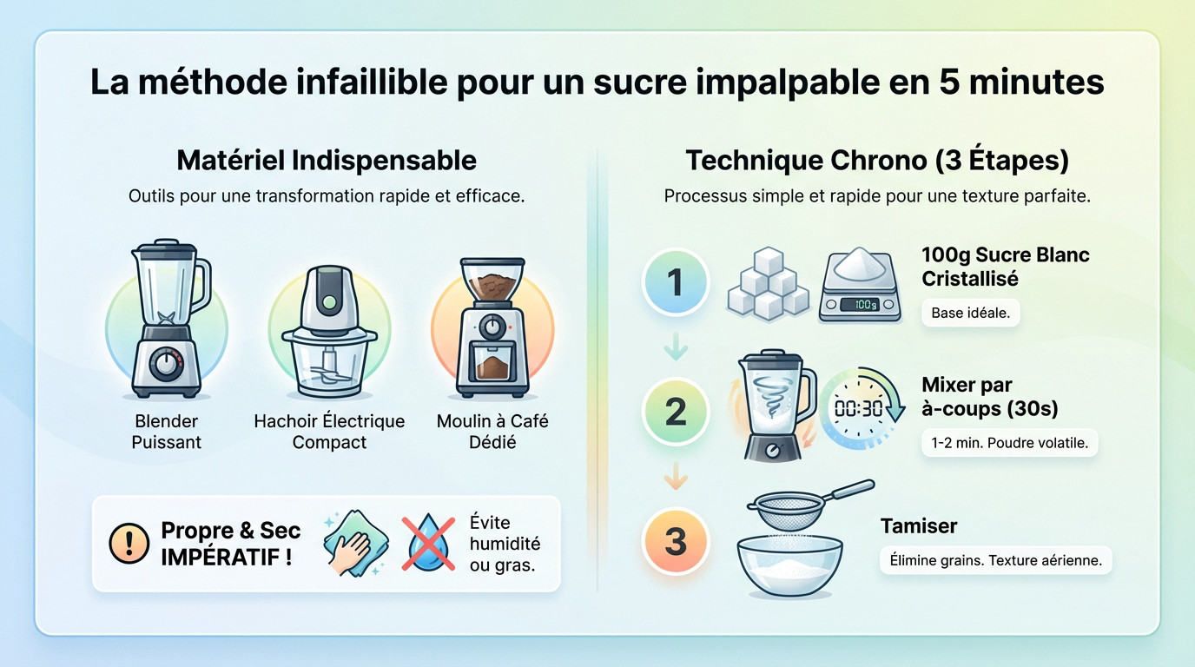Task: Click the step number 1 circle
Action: (x=676, y=281)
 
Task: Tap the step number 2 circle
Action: (x=676, y=412)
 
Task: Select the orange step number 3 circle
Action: (x=676, y=541)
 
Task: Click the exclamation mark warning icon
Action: (x=129, y=543)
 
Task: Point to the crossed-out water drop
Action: (x=428, y=543)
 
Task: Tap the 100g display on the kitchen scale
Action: (x=859, y=304)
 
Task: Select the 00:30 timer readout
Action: (x=858, y=409)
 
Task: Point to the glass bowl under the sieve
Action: (x=789, y=565)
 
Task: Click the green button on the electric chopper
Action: (x=330, y=303)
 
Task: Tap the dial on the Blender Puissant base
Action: (x=166, y=365)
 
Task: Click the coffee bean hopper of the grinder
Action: (x=492, y=280)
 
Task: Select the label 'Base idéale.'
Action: (x=970, y=313)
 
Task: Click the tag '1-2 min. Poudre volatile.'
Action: (x=1009, y=443)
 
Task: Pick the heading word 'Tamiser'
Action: (x=919, y=526)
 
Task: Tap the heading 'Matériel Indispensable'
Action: (x=327, y=160)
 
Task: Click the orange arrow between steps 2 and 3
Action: (x=676, y=476)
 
